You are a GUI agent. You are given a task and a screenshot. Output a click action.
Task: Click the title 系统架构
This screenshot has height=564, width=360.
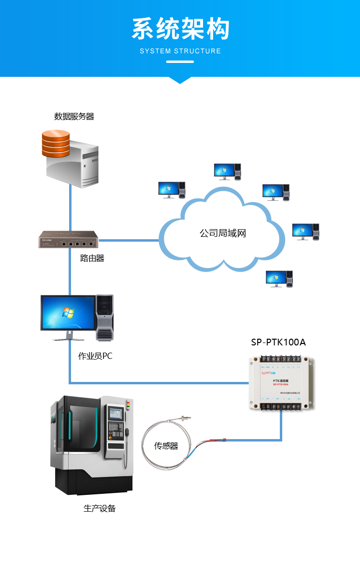180,29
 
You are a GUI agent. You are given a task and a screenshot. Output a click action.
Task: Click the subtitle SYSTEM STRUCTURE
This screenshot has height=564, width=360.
180,51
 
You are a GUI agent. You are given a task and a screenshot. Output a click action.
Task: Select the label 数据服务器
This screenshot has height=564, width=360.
74,116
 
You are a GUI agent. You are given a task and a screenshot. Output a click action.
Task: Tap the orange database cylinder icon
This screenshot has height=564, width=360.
56,143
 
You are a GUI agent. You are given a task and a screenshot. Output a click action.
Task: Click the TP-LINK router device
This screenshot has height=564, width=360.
68,239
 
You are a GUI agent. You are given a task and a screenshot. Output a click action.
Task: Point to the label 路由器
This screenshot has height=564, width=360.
92,258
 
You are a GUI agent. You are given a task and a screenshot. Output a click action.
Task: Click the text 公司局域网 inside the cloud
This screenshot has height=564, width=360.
223,233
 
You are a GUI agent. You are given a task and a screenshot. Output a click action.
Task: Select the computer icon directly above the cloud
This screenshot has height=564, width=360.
227,172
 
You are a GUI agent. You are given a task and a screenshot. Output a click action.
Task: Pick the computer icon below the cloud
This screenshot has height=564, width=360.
279,279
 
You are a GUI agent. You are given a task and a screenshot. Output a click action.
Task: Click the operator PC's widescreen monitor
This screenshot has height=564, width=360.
68,313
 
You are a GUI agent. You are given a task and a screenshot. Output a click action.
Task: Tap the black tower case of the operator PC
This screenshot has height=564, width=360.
105,317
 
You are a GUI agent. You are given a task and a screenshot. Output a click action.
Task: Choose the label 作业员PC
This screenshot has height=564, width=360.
95,356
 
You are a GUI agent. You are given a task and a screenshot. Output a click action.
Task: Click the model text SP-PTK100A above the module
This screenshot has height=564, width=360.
278,343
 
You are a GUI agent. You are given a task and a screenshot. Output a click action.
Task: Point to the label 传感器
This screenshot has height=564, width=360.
166,446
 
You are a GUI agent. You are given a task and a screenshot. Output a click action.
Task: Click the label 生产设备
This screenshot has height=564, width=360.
99,508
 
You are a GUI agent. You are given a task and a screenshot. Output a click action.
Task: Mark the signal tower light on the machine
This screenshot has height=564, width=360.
128,406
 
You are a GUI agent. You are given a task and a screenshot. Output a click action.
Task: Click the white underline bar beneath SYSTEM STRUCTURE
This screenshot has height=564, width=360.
180,61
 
